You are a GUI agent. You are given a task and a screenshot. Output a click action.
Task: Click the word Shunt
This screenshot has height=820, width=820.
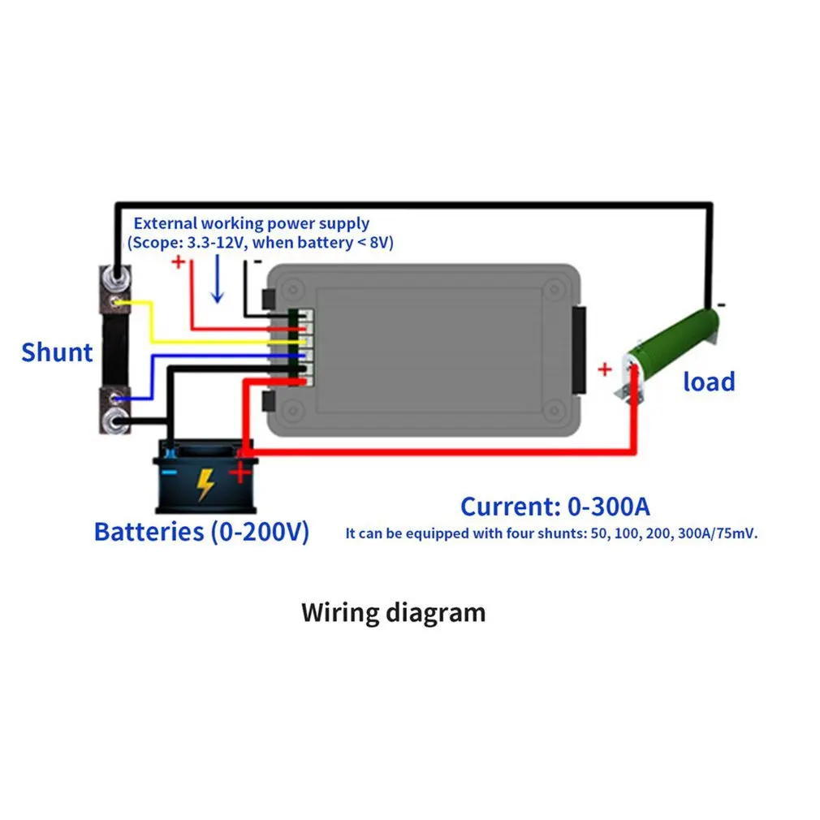point(57,352)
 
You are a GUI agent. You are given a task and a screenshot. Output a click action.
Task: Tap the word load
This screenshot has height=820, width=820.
point(709,382)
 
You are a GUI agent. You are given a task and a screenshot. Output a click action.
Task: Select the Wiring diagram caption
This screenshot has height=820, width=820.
point(393,613)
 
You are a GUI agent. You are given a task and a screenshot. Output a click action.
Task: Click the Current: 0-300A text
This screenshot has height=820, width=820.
point(555,507)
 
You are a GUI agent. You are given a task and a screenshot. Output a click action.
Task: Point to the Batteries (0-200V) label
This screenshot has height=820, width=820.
point(201,532)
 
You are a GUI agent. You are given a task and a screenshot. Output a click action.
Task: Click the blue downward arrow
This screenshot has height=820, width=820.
point(217,278)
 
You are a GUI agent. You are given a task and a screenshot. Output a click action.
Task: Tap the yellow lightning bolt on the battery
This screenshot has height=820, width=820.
point(205,484)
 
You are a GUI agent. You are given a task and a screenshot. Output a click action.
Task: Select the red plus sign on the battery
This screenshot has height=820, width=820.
point(240,473)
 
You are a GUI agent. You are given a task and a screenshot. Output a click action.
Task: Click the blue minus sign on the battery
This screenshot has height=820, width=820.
point(170,473)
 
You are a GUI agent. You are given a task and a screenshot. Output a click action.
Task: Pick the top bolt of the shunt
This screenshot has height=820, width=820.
point(116,274)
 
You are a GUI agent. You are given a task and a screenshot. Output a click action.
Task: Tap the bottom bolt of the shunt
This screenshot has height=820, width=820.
point(115,421)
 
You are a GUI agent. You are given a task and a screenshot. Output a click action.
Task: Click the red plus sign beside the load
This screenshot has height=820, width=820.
point(605,369)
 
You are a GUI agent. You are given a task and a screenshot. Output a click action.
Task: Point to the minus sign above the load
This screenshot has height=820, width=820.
point(722,304)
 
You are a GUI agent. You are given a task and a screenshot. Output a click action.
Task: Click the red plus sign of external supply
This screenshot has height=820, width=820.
point(179,261)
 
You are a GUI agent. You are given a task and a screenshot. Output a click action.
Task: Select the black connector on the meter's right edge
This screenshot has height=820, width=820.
point(579,351)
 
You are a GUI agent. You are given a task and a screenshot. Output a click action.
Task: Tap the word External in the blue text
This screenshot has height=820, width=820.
point(166,223)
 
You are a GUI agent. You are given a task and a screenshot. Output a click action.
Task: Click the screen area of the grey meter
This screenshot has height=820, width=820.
point(429,349)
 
